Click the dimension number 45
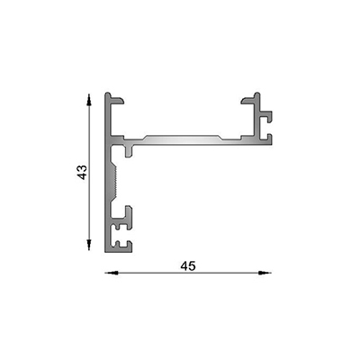188,265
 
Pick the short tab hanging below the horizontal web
131,152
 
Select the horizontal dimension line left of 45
144,272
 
